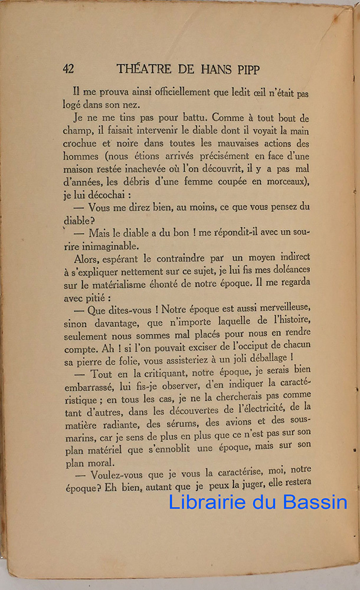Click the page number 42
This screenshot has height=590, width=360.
pyautogui.click(x=68, y=68)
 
